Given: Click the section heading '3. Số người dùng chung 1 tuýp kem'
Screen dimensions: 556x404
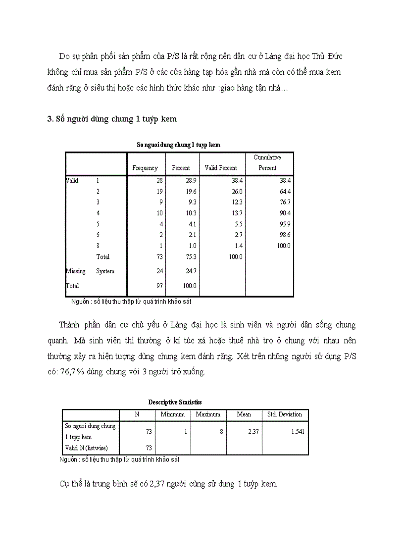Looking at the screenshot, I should tap(112, 119).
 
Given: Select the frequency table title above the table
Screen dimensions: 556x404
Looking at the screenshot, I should tap(178, 145).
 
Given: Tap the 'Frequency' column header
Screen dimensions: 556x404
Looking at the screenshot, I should tap(145, 168).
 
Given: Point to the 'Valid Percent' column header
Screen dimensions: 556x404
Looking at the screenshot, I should tap(221, 168).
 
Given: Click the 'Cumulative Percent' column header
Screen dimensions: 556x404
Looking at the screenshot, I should tap(267, 163).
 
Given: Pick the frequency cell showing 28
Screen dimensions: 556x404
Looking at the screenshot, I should tap(159, 181).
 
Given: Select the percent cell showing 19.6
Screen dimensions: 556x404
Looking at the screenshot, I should tap(191, 192).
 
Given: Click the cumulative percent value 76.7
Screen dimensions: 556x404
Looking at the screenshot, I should tap(285, 202).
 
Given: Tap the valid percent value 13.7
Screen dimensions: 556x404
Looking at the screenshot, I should tap(237, 213).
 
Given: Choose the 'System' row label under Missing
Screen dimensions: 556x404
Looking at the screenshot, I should tap(105, 271).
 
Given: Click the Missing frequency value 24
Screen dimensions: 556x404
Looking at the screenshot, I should tap(159, 271).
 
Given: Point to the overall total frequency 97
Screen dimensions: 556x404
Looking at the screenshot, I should tap(159, 286).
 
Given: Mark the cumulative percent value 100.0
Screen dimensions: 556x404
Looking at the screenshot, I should tap(283, 246).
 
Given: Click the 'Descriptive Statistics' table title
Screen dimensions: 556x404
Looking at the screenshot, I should tap(175, 403).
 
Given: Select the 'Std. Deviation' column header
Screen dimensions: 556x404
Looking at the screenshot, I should tap(285, 414).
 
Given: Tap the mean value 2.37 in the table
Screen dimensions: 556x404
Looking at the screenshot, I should tap(253, 432).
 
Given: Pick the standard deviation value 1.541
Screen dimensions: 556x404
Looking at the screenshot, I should tap(298, 432).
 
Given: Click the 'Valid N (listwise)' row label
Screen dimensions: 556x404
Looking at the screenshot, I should tap(87, 449).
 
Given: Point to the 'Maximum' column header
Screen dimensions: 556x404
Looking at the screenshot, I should tap(208, 414).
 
